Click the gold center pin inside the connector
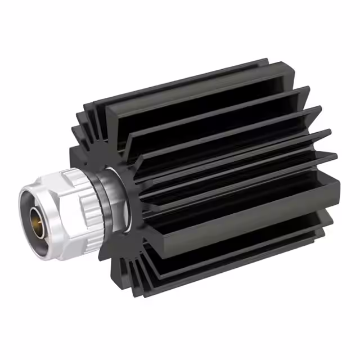click(38, 214)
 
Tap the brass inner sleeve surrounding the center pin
click(33, 214)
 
